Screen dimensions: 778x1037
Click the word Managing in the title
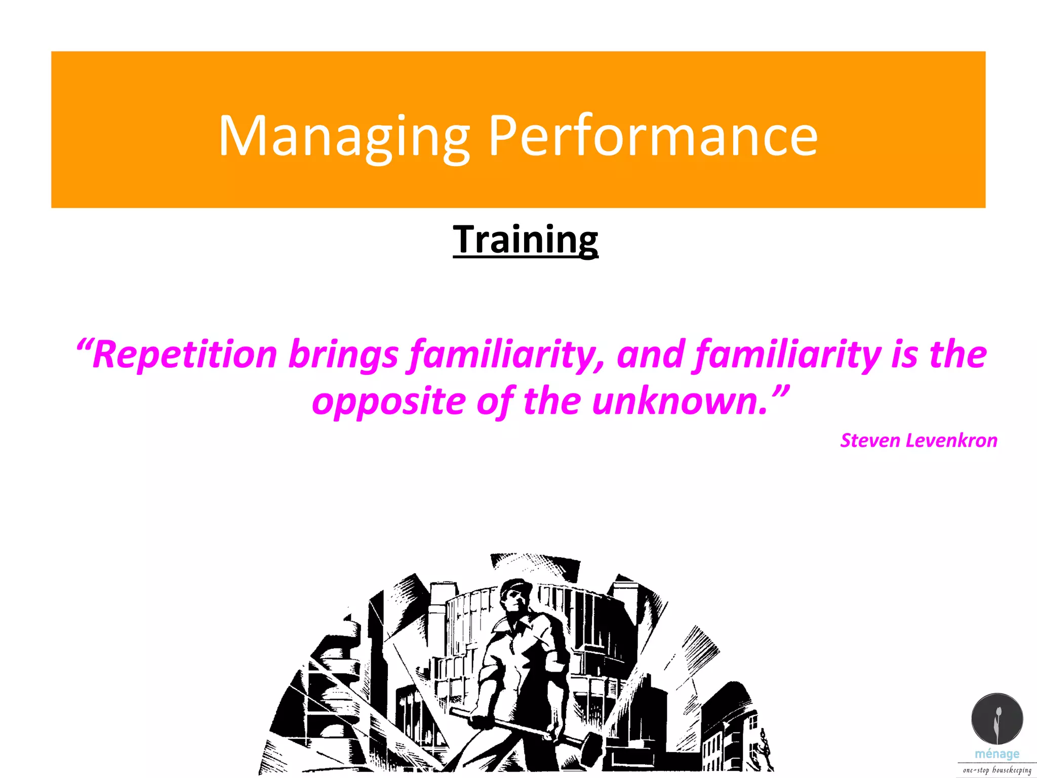tap(344, 136)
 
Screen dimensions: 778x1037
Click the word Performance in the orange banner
tap(653, 136)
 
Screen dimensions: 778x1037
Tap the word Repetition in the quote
tap(185, 354)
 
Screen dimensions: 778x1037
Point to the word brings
tap(343, 354)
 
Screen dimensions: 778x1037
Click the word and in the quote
tap(651, 354)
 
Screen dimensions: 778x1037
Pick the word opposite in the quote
tap(388, 401)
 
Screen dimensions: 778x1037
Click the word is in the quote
tap(904, 354)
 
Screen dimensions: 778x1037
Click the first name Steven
tap(869, 441)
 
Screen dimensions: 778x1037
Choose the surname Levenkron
tap(951, 441)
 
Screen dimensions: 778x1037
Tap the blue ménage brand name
tap(997, 754)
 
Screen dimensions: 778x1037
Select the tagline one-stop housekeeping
tap(997, 770)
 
